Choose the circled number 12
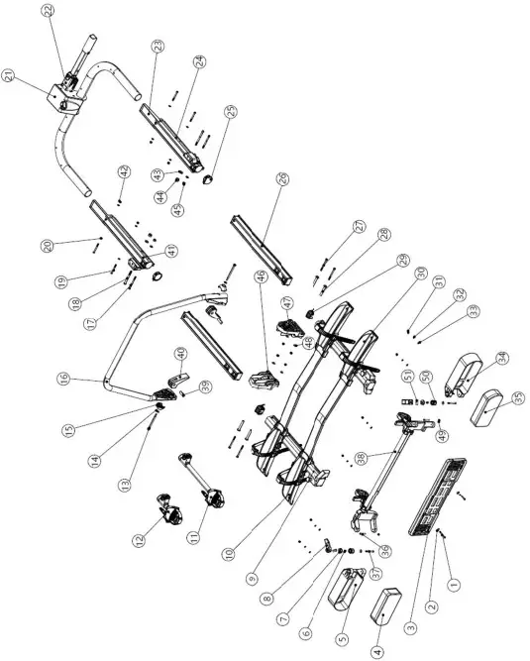(139, 540)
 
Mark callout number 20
(73, 246)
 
